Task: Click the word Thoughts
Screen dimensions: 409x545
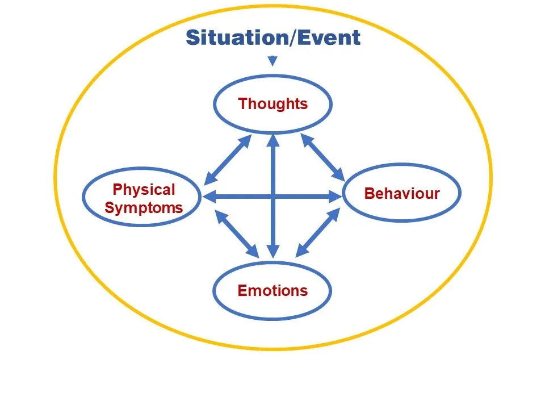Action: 273,104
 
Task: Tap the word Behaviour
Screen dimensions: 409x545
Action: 402,194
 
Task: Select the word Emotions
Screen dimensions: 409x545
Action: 272,291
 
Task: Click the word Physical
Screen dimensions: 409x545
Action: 144,190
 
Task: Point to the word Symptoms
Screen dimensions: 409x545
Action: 144,208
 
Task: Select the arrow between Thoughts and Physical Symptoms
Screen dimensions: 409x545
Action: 228,159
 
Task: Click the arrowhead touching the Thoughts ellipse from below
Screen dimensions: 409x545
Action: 273,139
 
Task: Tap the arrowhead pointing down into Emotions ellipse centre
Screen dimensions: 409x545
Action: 273,251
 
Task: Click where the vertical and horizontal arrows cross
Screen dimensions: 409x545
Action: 273,197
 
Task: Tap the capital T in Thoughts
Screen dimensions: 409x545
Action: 242,104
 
